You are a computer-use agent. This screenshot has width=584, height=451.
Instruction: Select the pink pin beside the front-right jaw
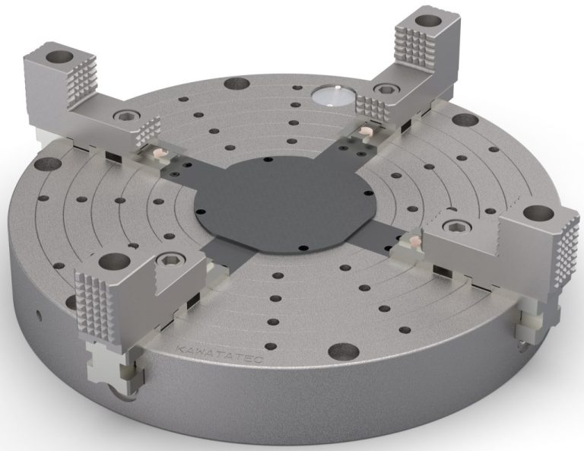[415, 240]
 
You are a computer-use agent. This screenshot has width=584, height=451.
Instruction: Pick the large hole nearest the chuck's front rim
[331, 351]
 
